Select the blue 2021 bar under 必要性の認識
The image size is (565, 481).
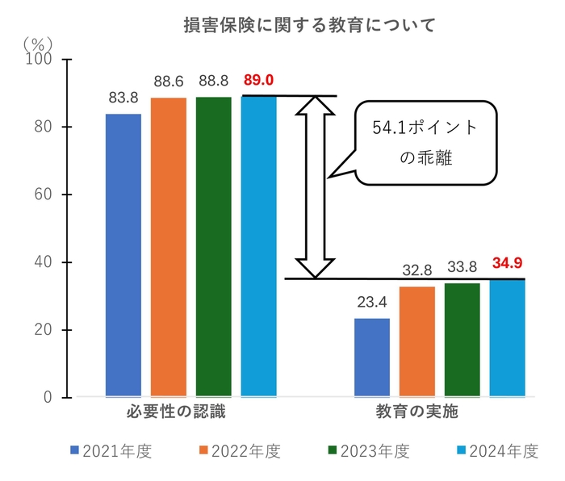coord(123,255)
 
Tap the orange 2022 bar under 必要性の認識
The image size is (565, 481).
coord(168,247)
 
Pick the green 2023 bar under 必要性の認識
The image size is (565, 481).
coord(213,247)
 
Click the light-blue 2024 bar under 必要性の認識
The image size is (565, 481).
coord(258,246)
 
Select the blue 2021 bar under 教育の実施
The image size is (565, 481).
coord(372,358)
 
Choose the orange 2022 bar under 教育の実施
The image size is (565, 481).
coord(416,341)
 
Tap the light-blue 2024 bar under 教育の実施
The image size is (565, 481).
coord(507,338)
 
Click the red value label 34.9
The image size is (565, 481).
coord(508,262)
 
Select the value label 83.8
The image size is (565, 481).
coord(123,98)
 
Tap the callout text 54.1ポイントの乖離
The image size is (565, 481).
coord(425,143)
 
